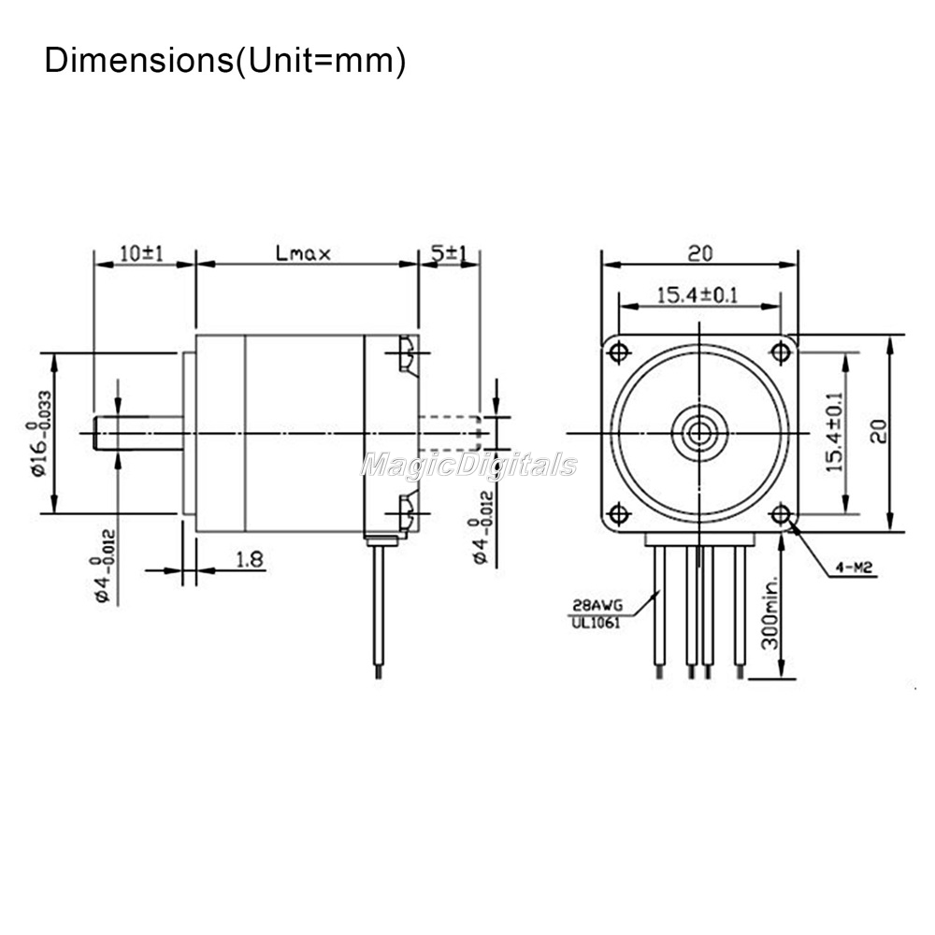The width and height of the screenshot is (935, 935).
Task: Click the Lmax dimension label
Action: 303,254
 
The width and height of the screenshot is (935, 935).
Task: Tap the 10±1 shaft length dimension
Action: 141,253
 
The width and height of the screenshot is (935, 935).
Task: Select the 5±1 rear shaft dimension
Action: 447,254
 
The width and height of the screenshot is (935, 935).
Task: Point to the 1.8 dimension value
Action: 250,559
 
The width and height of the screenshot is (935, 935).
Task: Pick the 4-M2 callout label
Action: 854,568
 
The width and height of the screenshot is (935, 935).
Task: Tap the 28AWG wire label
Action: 597,605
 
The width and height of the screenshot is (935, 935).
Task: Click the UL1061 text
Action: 597,623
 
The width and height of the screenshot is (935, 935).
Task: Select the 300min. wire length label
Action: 770,613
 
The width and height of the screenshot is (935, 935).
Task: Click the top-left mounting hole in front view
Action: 619,352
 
